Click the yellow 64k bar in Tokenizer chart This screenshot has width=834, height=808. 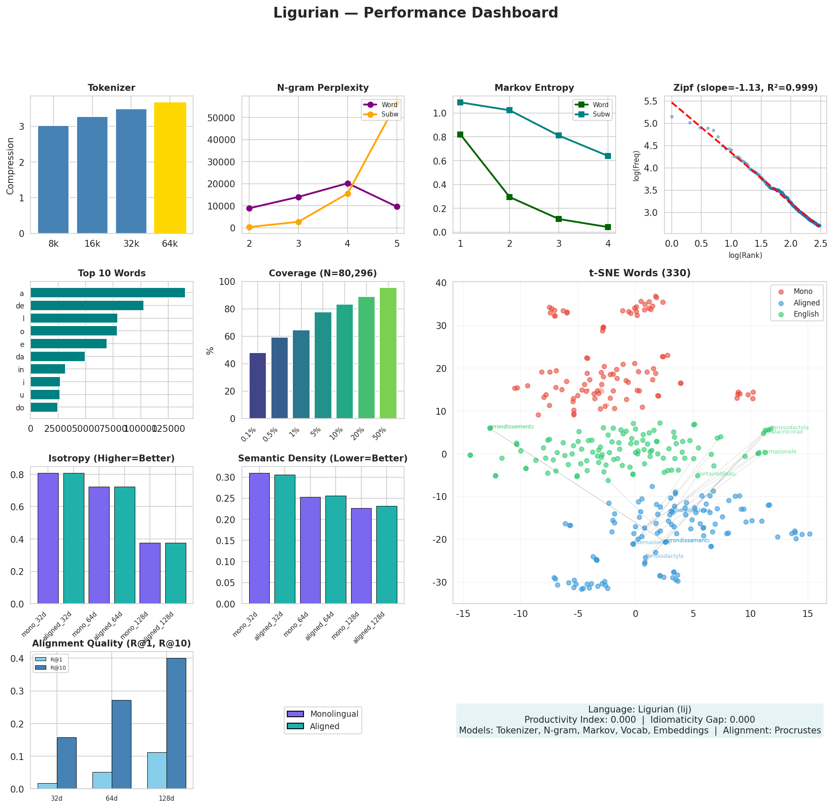click(x=170, y=168)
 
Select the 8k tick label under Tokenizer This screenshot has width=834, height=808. click(x=54, y=244)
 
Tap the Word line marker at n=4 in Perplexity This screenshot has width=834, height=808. click(x=348, y=183)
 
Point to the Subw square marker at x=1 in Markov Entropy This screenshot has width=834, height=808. click(x=460, y=102)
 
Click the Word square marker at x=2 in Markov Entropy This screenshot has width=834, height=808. click(x=509, y=197)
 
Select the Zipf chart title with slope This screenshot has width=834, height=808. click(x=745, y=88)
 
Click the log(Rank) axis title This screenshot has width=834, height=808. click(x=745, y=256)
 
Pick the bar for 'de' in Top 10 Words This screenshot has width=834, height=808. click(x=87, y=305)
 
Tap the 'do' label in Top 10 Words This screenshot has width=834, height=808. click(x=20, y=408)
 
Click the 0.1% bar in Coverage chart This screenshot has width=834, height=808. click(x=258, y=386)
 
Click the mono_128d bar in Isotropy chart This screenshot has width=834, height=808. click(x=150, y=573)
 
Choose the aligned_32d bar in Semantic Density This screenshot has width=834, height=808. click(x=285, y=539)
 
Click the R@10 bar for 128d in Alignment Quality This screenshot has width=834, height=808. click(x=176, y=723)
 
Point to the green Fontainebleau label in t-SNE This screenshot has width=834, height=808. click(x=716, y=474)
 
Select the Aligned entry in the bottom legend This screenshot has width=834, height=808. click(x=325, y=726)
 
